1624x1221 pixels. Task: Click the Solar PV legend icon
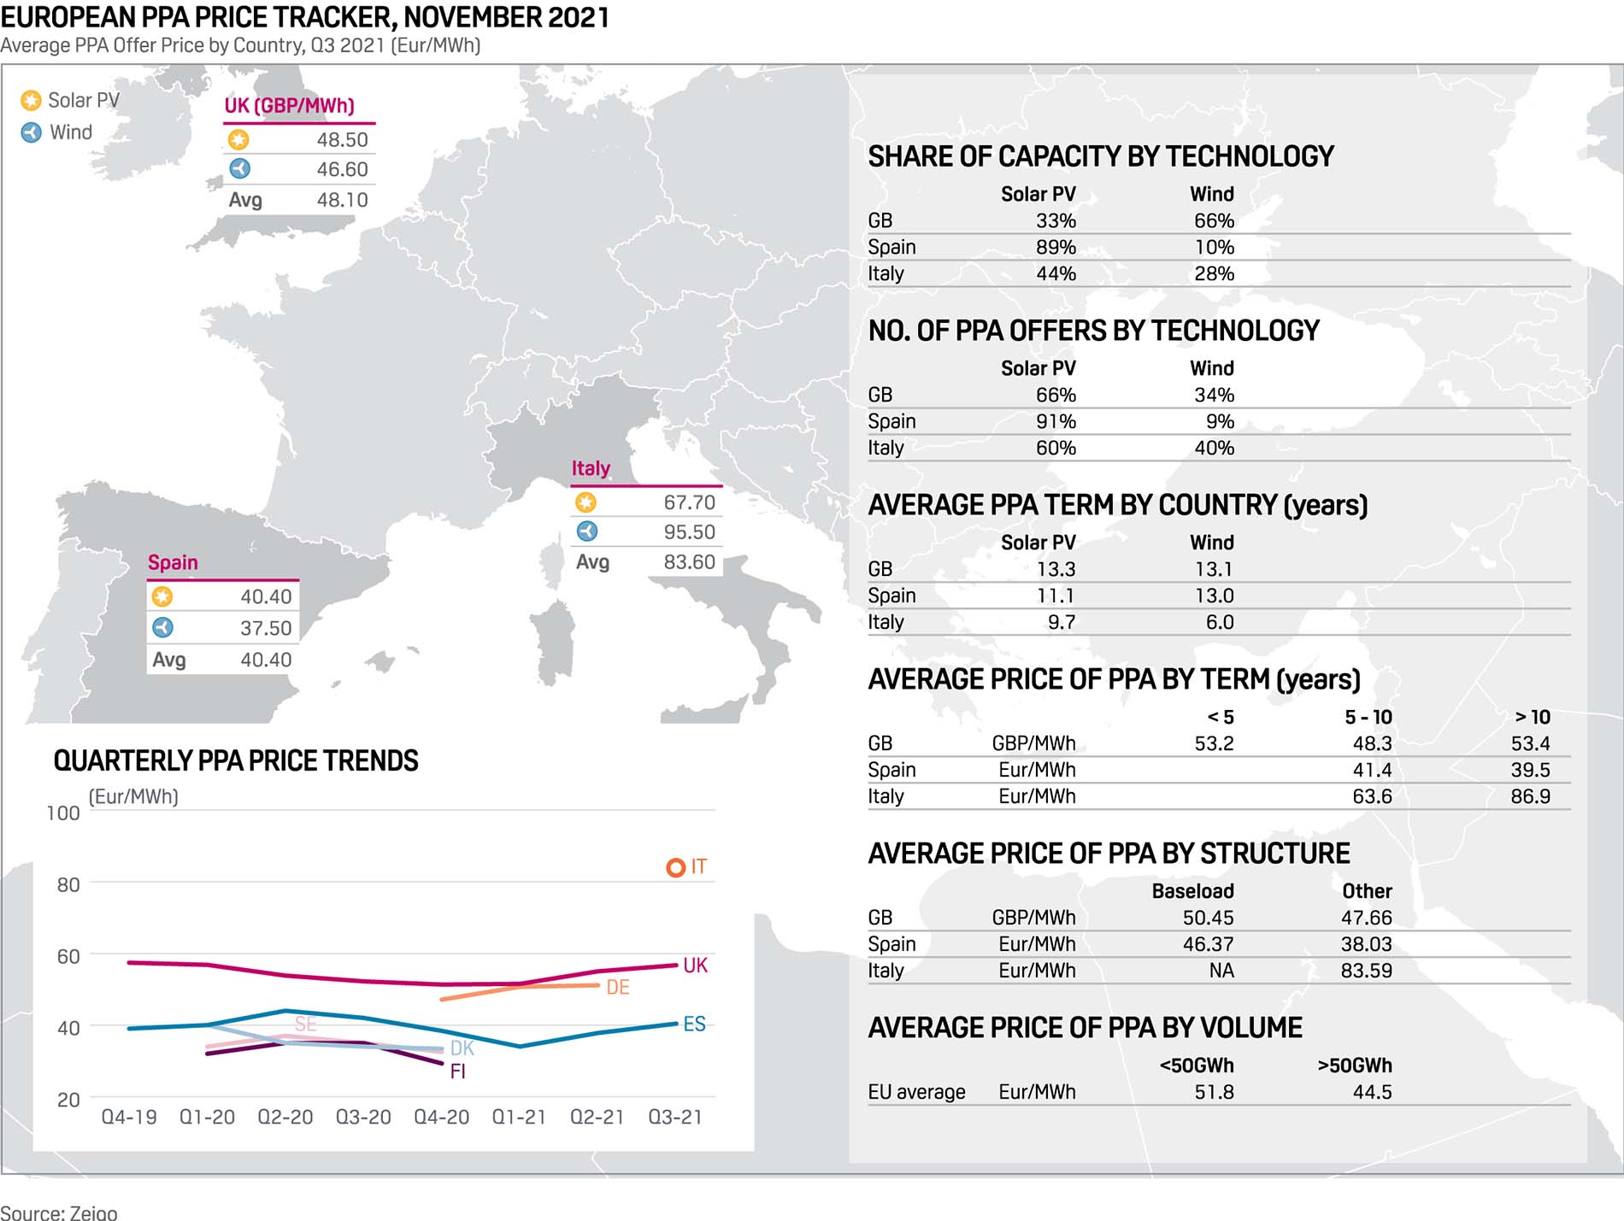(31, 101)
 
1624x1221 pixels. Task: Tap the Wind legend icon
(31, 132)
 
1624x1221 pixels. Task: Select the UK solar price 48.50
(342, 140)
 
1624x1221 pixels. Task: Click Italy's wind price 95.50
(689, 532)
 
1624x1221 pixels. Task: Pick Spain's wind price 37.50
(265, 629)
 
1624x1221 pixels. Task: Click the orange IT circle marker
(675, 867)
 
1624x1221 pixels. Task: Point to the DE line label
(617, 988)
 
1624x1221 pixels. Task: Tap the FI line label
(457, 1071)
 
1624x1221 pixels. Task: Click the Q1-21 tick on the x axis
(519, 1118)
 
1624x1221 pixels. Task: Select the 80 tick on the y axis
(68, 885)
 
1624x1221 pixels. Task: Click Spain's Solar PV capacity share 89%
(1056, 248)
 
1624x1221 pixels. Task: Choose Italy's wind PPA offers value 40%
(1214, 449)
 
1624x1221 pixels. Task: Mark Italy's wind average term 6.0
(1220, 623)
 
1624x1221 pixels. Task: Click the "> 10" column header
(1532, 718)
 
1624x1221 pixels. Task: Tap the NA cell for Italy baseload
(1221, 972)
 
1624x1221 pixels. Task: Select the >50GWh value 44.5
(1372, 1093)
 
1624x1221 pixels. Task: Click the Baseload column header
(1192, 892)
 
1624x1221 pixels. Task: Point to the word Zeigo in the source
(94, 1212)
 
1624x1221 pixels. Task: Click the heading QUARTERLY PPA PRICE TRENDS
(236, 761)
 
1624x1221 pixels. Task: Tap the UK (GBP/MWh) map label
(289, 106)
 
